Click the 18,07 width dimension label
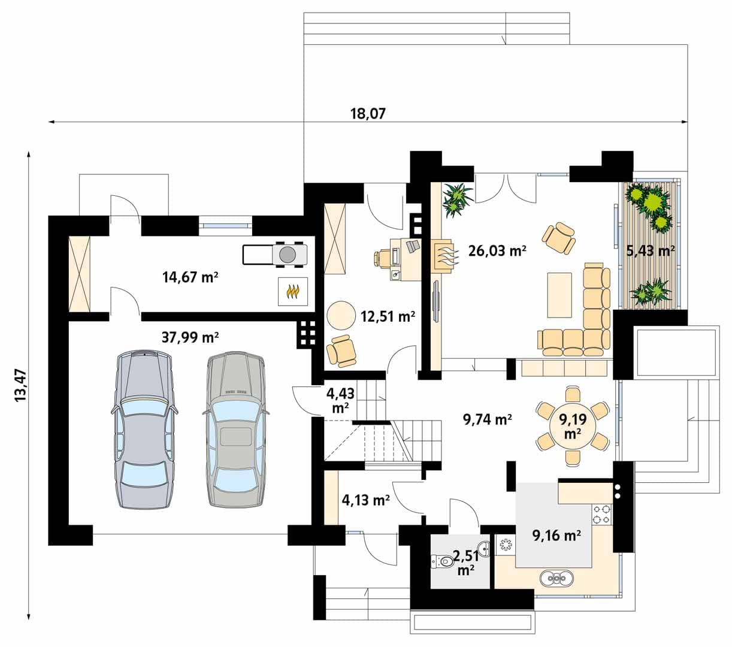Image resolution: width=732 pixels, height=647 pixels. pyautogui.click(x=368, y=114)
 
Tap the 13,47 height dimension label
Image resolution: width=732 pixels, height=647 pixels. pyautogui.click(x=21, y=385)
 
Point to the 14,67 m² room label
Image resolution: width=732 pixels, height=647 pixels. pyautogui.click(x=190, y=277)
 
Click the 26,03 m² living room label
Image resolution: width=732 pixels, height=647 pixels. pyautogui.click(x=497, y=250)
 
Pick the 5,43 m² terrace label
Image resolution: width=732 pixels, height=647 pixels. pyautogui.click(x=650, y=250)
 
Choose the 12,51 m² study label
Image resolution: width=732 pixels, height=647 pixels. pyautogui.click(x=388, y=317)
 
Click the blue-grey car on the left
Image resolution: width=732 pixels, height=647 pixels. pyautogui.click(x=144, y=430)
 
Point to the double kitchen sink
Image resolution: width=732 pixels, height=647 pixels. pyautogui.click(x=556, y=579)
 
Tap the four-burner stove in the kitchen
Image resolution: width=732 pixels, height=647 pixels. pyautogui.click(x=601, y=515)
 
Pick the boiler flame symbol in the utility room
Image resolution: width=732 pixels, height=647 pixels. pyautogui.click(x=293, y=291)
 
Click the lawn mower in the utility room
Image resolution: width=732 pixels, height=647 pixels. pyautogui.click(x=275, y=255)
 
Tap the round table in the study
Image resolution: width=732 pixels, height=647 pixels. pyautogui.click(x=341, y=315)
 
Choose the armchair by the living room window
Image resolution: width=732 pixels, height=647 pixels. pyautogui.click(x=558, y=237)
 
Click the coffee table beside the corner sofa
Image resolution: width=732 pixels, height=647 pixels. pyautogui.click(x=559, y=295)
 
